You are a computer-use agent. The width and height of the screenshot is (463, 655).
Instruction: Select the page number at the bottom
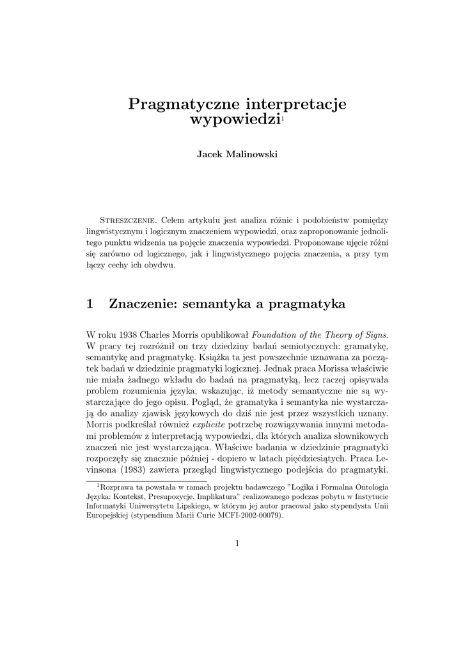[237, 544]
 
